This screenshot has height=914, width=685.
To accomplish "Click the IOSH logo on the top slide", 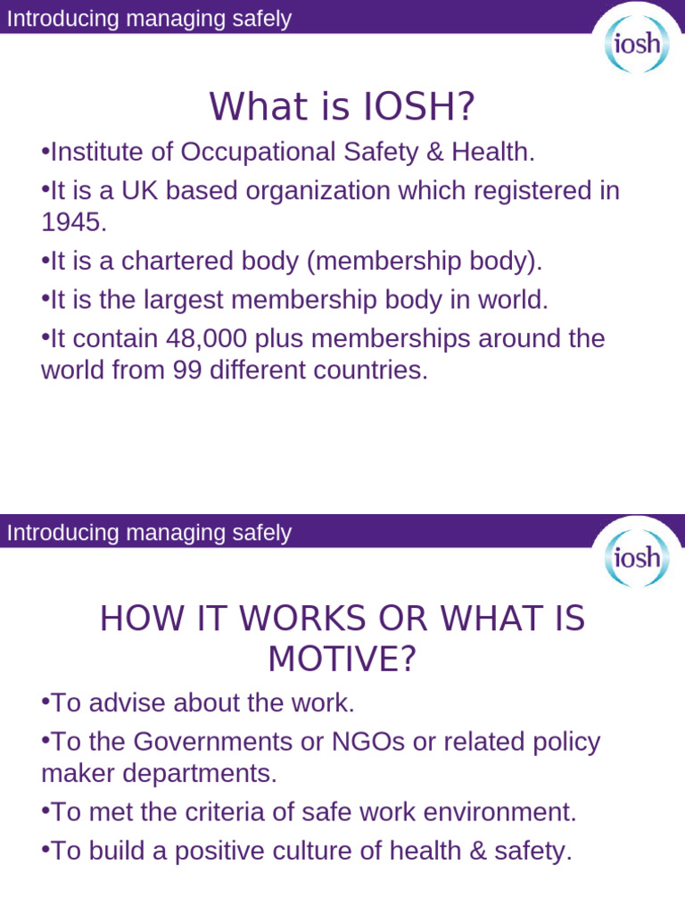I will [x=635, y=42].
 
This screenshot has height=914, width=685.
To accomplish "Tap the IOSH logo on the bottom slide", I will [x=635, y=557].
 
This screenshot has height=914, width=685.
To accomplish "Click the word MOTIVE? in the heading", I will [x=342, y=659].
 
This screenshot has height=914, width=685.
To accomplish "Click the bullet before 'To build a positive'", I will [x=45, y=851].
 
